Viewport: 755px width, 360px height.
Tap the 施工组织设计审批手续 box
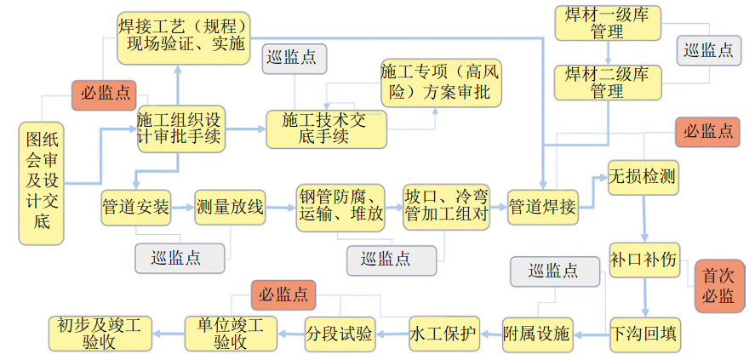click(180, 129)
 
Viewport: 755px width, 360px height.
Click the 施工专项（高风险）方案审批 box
click(440, 83)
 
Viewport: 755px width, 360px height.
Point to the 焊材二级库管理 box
click(607, 82)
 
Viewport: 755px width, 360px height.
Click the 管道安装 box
click(135, 207)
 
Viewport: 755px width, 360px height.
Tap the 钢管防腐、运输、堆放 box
click(340, 206)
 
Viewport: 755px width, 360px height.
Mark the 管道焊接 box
click(543, 207)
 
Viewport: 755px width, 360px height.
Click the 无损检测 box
click(642, 177)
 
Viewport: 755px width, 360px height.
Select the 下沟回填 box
click(645, 334)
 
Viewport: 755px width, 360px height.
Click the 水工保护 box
click(443, 333)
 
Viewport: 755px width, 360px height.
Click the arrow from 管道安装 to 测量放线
click(182, 207)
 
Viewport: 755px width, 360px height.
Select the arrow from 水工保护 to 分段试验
click(392, 334)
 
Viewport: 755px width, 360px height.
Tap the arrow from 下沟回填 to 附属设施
click(591, 334)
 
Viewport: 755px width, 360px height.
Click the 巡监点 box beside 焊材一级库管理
click(708, 50)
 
